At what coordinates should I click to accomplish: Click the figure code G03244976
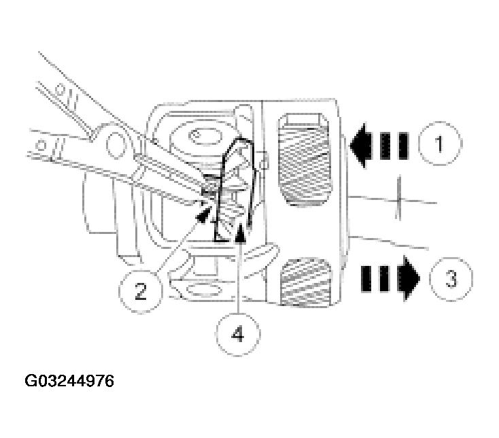click(x=69, y=381)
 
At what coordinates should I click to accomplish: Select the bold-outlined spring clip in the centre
click(x=238, y=190)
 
